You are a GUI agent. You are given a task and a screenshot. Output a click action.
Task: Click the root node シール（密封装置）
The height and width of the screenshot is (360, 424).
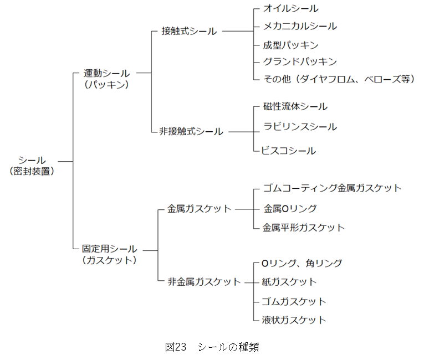[32, 166]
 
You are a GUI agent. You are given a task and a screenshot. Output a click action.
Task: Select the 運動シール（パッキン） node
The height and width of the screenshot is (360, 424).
[106, 79]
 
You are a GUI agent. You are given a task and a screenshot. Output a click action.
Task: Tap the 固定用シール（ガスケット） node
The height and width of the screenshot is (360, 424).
[109, 254]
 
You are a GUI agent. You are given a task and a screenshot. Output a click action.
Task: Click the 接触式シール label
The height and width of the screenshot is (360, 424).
[189, 32]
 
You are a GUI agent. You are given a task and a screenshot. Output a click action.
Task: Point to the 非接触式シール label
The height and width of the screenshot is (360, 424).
[191, 132]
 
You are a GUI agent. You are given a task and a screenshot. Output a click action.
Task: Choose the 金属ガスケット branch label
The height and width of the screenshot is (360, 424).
[199, 209]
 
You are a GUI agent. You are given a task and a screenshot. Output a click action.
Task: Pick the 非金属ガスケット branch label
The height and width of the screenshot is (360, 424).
[204, 282]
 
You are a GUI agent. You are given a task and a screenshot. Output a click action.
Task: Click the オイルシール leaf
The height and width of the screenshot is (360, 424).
[290, 8]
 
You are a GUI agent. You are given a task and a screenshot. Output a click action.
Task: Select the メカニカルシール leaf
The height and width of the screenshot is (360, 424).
[299, 26]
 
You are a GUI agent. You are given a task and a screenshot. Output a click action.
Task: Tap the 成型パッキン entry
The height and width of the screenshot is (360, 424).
[290, 45]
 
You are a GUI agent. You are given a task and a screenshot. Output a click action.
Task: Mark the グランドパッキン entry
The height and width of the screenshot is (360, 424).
[300, 61]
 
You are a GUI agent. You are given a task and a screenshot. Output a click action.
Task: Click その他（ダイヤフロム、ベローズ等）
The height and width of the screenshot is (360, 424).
[339, 79]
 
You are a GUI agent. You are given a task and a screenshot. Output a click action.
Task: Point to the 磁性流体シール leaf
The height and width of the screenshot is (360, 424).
[295, 106]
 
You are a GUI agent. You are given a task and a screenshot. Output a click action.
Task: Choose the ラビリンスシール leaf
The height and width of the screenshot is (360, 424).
[300, 127]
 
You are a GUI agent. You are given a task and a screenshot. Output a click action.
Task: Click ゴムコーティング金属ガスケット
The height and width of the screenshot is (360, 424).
[331, 188]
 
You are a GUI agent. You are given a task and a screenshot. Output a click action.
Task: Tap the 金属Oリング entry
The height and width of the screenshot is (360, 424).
[290, 209]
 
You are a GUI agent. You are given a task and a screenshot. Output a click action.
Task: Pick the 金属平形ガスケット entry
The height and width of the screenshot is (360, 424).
[303, 228]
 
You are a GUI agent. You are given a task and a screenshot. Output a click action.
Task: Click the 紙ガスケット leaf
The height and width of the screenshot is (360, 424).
[289, 282]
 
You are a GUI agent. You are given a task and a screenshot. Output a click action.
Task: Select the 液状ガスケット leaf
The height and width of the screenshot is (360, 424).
[294, 320]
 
